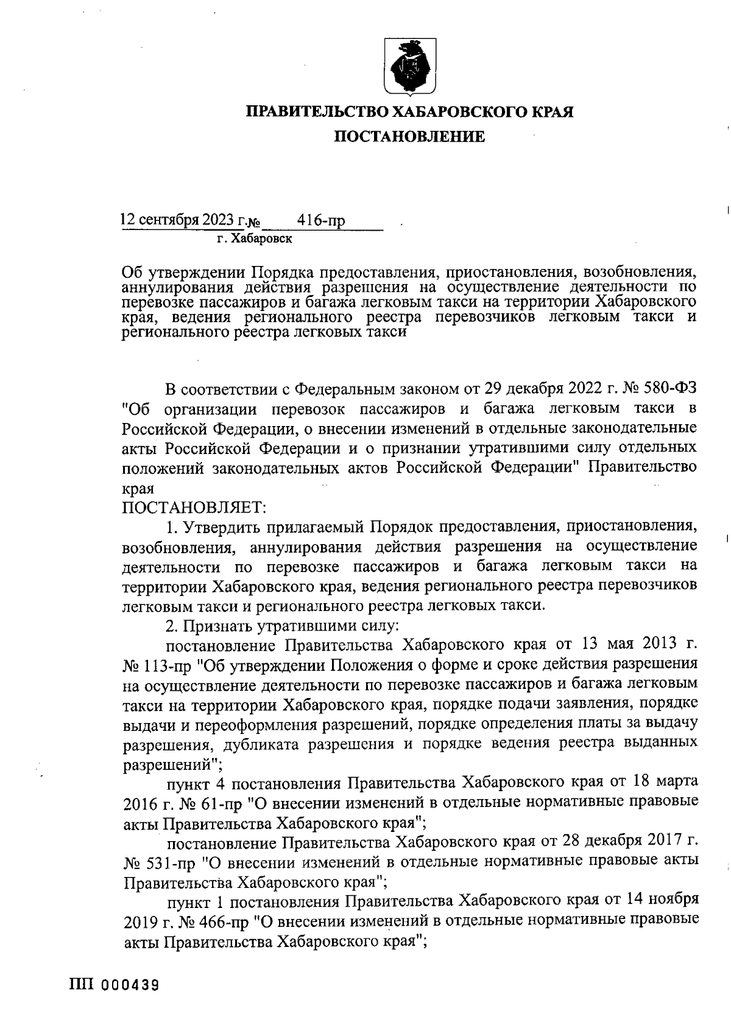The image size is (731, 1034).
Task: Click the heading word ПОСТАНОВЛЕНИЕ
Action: pos(409,137)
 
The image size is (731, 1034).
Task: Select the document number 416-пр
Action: pos(320,220)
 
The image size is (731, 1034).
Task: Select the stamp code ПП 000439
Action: pos(113,985)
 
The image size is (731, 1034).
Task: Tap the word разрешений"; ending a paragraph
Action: pos(172,763)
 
